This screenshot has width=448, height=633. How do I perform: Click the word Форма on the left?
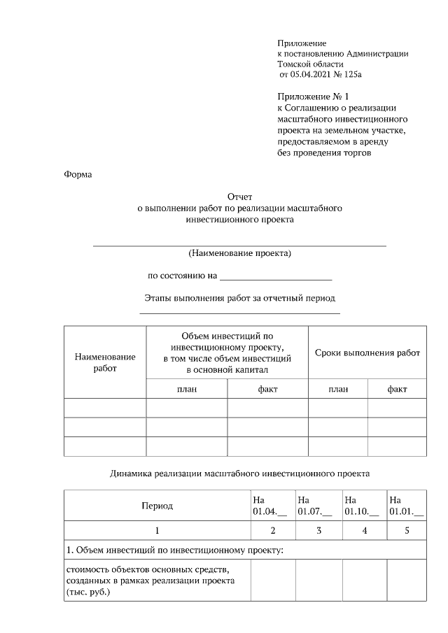[x=78, y=175]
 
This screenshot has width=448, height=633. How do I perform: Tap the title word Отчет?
[x=239, y=198]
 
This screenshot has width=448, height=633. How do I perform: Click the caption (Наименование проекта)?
[x=239, y=253]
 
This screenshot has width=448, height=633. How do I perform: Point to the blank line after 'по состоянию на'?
[x=276, y=276]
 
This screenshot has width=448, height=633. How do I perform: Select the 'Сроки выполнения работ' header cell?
[x=367, y=353]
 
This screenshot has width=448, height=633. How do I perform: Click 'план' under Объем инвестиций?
[x=186, y=389]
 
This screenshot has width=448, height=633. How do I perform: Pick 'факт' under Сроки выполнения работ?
[x=397, y=389]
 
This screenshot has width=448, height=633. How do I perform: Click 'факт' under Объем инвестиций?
[x=267, y=389]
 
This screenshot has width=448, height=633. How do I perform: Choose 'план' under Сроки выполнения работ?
[x=338, y=389]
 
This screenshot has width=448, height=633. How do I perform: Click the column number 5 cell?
[x=407, y=531]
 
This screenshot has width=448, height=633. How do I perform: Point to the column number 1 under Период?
[x=157, y=531]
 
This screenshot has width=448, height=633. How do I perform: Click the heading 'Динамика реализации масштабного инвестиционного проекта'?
[x=239, y=474]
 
